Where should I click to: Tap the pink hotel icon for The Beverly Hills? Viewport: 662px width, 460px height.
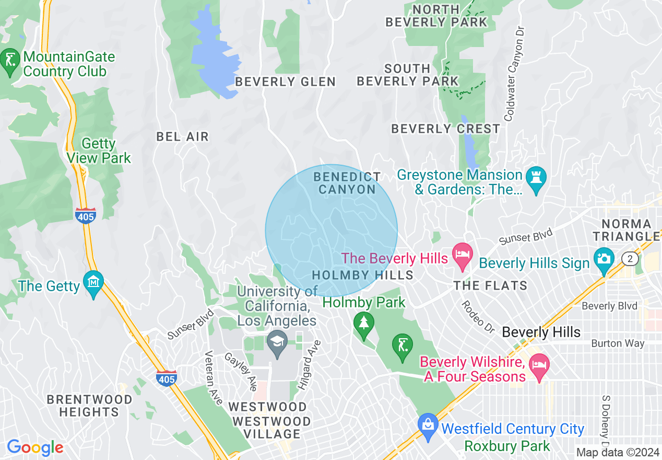[x=462, y=256]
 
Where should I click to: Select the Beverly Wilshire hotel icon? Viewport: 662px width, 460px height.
[x=538, y=367]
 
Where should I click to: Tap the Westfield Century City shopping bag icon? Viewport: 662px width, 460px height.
[x=428, y=426]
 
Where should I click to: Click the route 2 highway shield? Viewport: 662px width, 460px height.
[x=630, y=258]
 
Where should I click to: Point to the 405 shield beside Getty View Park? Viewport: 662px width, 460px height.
[x=85, y=215]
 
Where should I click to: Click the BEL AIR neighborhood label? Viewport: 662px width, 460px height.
[x=183, y=137]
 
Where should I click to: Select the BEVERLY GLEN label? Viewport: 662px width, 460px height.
[x=285, y=82]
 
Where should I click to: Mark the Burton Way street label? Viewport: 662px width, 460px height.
[x=618, y=343]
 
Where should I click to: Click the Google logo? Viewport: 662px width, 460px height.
[x=35, y=448]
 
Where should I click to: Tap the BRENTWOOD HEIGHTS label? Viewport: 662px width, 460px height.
[x=89, y=406]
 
